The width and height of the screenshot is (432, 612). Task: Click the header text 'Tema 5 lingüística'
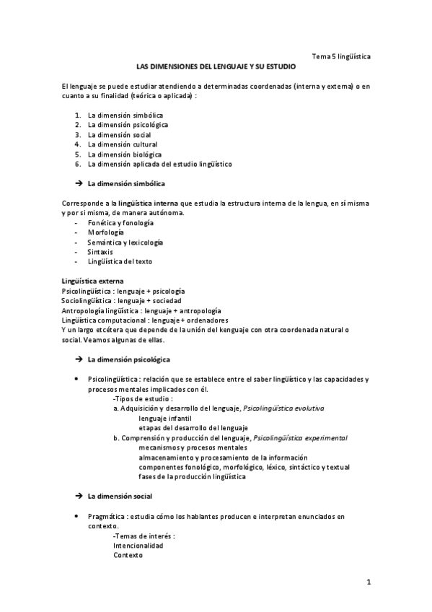tap(341, 56)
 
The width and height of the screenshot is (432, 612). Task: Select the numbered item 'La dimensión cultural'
tap(122, 144)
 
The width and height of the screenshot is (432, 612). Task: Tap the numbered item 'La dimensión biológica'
tap(124, 154)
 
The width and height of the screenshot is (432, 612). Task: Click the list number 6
tap(77, 165)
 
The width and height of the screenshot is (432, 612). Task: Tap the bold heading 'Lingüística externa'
tap(93, 280)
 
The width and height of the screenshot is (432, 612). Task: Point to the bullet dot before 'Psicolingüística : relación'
tap(77, 379)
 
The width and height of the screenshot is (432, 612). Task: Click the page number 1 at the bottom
tap(368, 582)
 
